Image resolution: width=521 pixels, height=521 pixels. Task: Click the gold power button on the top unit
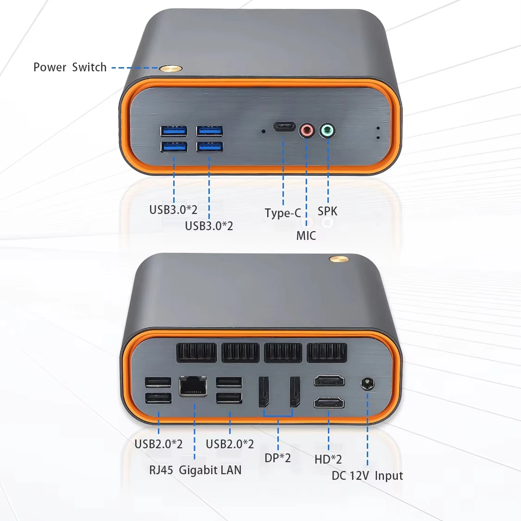[x=170, y=69]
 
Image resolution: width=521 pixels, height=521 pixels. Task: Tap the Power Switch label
[x=70, y=67]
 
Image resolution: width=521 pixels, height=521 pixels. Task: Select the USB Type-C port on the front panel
[x=284, y=126]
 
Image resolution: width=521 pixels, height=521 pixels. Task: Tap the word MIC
[x=306, y=236]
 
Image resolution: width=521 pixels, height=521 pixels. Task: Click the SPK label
[x=327, y=211]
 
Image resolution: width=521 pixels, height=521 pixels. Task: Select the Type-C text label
[x=282, y=213]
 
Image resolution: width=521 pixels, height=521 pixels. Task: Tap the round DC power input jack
[x=367, y=384]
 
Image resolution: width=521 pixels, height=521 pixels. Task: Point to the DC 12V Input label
[x=367, y=476]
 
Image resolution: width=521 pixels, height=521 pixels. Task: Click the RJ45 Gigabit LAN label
[x=195, y=470]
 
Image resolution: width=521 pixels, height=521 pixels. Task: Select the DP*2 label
[x=277, y=458]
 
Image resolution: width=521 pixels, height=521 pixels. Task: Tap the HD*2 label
[x=328, y=459]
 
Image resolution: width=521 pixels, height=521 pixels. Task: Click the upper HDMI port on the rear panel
[x=329, y=381]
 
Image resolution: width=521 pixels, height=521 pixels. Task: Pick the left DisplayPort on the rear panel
[x=264, y=392]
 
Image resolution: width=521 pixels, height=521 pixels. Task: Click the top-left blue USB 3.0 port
[x=174, y=131]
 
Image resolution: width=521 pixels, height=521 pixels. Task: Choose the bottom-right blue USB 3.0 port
[x=209, y=147]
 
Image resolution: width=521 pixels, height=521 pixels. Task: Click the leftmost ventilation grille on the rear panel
[x=196, y=352]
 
